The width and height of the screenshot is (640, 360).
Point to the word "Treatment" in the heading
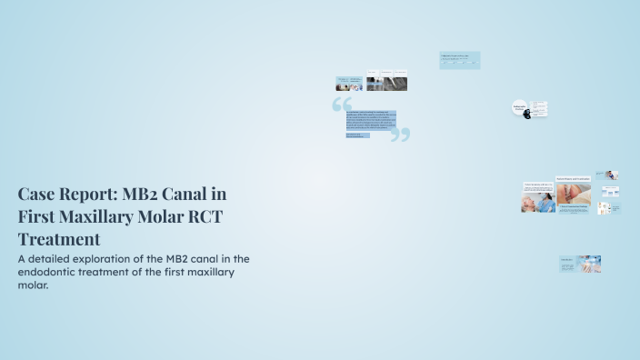tap(59, 239)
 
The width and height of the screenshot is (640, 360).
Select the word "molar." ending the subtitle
tap(33, 285)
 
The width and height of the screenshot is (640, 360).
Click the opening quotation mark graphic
tap(342, 105)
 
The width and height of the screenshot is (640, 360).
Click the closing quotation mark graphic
tap(401, 135)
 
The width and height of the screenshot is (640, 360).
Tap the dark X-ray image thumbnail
tap(386, 83)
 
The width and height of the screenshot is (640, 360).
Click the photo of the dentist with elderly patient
tap(539, 203)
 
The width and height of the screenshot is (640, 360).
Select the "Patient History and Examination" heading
tap(573, 179)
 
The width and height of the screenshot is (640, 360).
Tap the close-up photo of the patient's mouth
tap(573, 194)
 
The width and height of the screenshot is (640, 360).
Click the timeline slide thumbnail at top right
tap(459, 60)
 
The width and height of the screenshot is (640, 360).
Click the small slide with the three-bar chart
tap(611, 192)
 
